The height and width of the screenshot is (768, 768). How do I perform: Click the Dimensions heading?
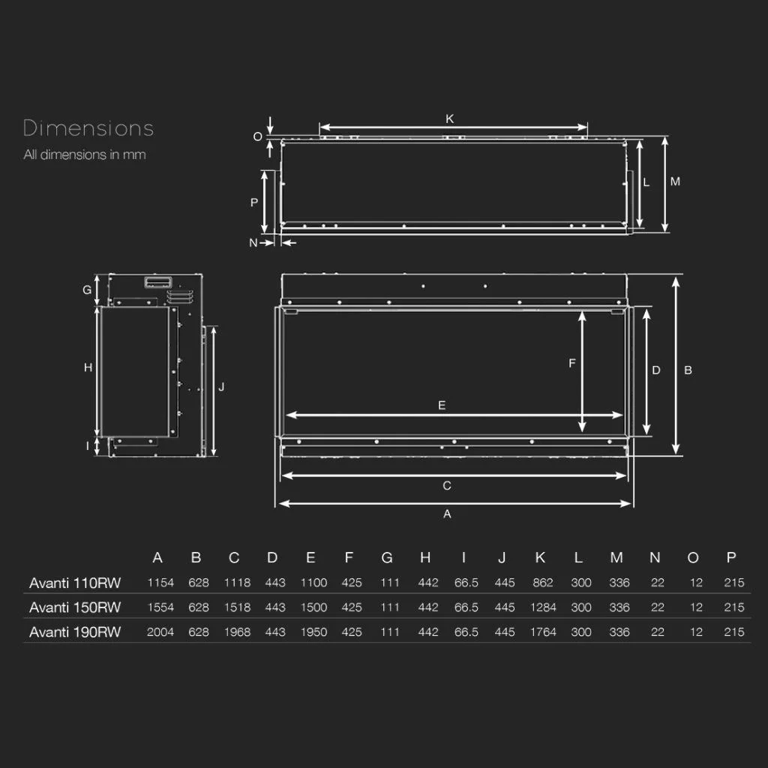click(88, 128)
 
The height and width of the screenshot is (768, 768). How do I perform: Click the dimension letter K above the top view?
click(450, 118)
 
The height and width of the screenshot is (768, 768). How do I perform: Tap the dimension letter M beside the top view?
click(675, 181)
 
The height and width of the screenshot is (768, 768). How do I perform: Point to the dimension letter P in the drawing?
click(254, 202)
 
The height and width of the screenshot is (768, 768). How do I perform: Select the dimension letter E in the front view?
click(442, 405)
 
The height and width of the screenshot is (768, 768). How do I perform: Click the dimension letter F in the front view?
click(571, 363)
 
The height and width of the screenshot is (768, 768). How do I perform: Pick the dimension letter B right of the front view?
click(688, 370)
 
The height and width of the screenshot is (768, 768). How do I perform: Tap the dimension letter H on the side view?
click(88, 367)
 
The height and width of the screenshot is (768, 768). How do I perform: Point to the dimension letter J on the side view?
click(221, 386)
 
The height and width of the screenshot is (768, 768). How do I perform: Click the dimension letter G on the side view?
click(87, 290)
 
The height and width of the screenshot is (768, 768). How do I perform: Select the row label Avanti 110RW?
click(75, 583)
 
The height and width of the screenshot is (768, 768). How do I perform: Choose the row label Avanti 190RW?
click(75, 631)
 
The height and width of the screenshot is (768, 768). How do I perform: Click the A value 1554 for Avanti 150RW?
click(160, 607)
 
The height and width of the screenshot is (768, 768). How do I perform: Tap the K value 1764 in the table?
click(543, 631)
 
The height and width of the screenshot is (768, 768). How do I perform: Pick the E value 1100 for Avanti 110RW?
click(313, 582)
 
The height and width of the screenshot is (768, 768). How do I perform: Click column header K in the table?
click(540, 557)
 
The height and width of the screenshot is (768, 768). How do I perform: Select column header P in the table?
click(731, 557)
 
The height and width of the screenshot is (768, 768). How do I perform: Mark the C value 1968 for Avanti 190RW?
click(237, 631)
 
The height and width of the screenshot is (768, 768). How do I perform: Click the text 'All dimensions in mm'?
click(85, 154)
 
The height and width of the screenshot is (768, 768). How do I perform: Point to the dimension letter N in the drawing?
click(253, 242)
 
